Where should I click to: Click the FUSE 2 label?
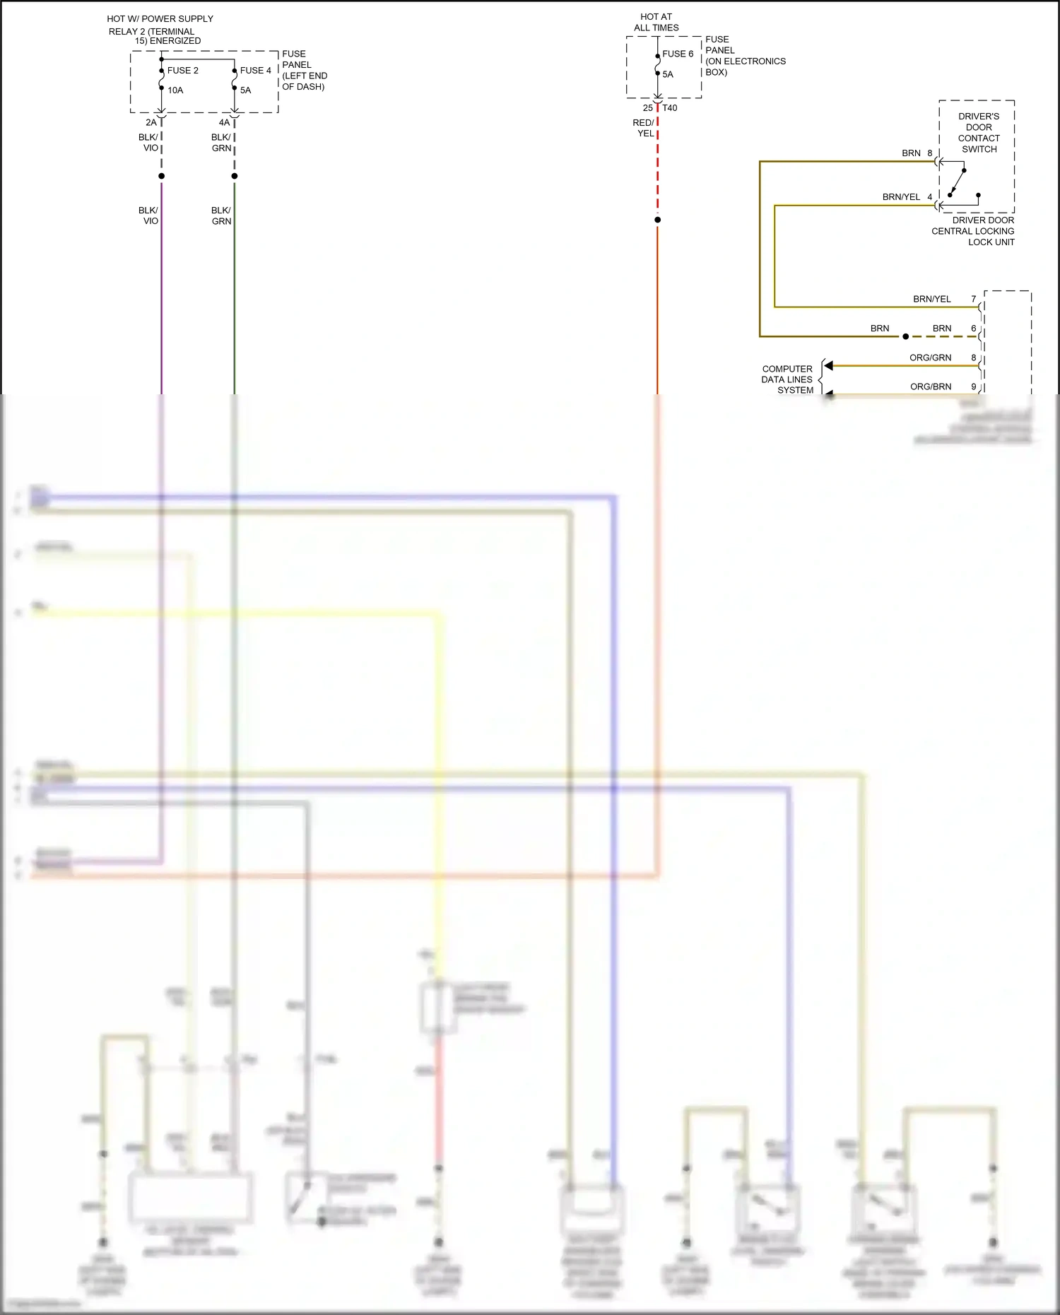[182, 71]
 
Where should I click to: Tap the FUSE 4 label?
[255, 71]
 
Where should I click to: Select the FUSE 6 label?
[678, 54]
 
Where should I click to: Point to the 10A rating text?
[175, 90]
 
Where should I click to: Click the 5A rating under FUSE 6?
[668, 74]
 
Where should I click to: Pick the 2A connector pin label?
[151, 122]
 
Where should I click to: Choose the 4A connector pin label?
[224, 122]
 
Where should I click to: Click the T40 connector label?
[670, 108]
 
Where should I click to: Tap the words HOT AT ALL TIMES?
[656, 22]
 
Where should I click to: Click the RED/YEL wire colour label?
[644, 128]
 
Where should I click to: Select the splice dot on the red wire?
[657, 220]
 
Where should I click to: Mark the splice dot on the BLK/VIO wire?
[162, 176]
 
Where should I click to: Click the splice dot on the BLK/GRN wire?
[235, 176]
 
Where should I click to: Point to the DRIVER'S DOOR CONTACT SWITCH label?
[979, 133]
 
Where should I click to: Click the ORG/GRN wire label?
[930, 358]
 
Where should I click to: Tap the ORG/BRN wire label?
[931, 387]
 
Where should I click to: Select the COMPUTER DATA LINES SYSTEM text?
[787, 379]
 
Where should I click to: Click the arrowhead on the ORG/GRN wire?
[829, 365]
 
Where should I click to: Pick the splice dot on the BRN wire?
[906, 336]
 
